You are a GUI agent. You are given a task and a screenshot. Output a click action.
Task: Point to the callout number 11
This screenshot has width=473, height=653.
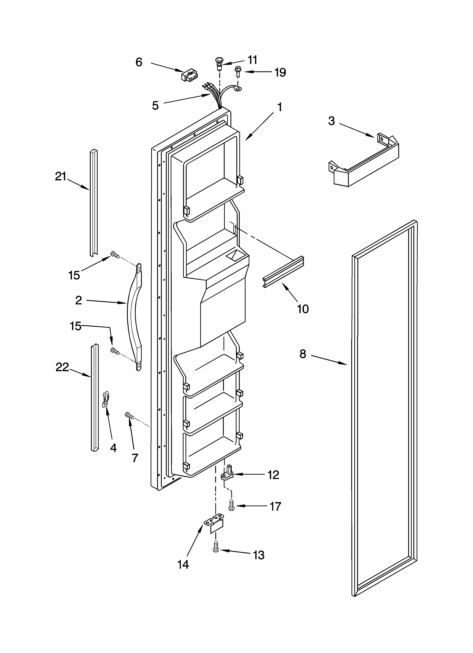[252, 60]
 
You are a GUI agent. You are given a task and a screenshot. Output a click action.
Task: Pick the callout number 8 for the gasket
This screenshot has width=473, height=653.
[302, 354]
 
